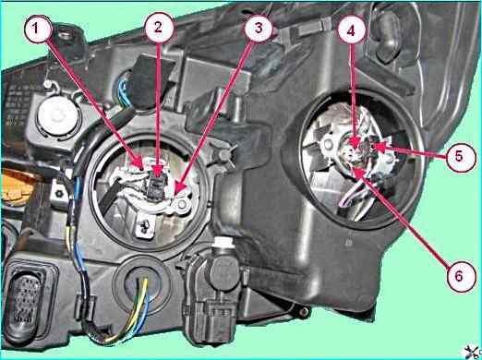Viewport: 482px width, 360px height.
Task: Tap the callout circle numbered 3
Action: [x=258, y=29]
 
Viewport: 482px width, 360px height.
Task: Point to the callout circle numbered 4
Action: [x=352, y=30]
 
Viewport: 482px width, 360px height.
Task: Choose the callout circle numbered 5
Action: [x=459, y=157]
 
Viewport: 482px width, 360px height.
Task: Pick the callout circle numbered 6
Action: [x=459, y=277]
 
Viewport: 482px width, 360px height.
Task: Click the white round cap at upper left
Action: [x=57, y=115]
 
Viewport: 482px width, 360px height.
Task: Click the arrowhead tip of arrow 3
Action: [x=175, y=195]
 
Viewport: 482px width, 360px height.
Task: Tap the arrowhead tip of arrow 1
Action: [x=143, y=169]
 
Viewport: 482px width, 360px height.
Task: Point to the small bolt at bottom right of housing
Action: [x=305, y=312]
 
